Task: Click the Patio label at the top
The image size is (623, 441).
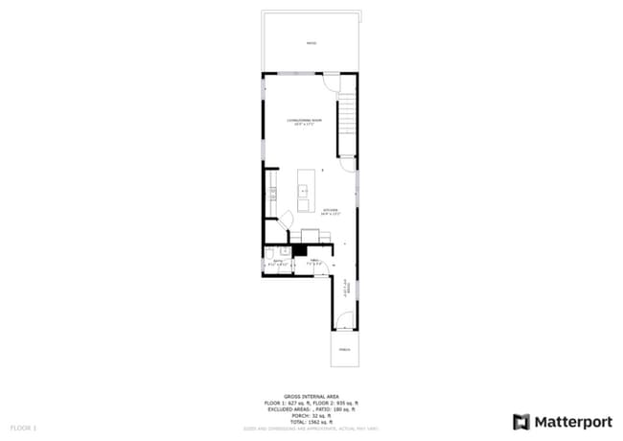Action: click(x=311, y=44)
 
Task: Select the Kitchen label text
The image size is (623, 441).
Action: click(x=331, y=212)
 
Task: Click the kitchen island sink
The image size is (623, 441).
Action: click(x=305, y=191)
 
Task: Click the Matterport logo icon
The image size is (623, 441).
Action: click(x=521, y=421)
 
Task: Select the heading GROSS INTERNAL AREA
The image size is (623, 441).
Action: click(x=311, y=394)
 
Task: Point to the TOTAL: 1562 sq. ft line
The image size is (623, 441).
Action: click(x=311, y=421)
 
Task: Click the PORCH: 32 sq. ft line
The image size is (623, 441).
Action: click(x=311, y=414)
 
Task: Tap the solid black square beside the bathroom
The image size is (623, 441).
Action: click(x=300, y=248)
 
